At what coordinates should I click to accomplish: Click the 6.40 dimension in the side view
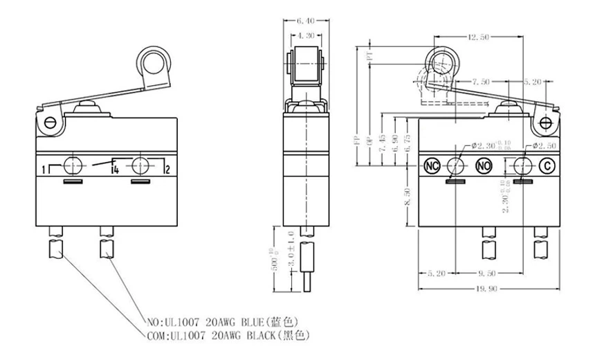click(x=306, y=21)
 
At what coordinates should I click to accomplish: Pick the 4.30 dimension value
click(x=306, y=35)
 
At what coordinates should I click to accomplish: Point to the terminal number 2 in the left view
click(x=167, y=169)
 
